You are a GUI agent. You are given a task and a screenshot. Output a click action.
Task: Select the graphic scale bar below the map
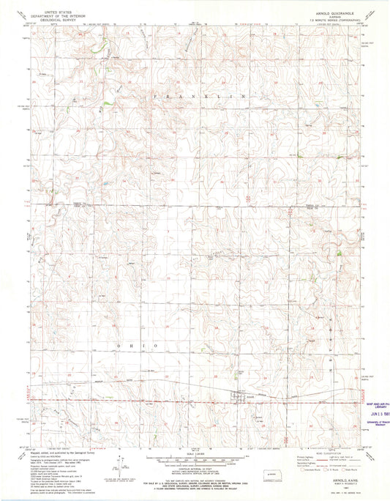pos(195,461)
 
